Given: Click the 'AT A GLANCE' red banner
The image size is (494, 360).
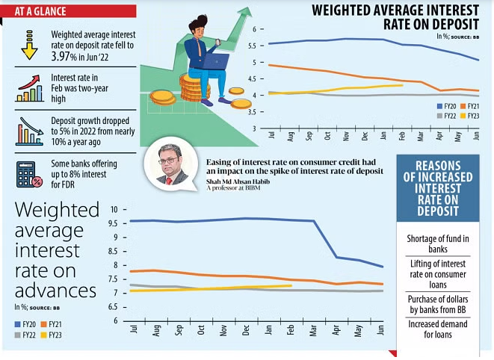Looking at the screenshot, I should (x=68, y=10).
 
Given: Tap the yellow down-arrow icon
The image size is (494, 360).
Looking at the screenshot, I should (x=29, y=46).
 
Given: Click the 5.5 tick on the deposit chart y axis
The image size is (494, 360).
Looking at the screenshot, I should (x=255, y=46).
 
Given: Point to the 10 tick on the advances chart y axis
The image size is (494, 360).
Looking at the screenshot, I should (x=114, y=209).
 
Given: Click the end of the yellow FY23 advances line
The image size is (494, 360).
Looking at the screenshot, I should (x=291, y=285).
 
